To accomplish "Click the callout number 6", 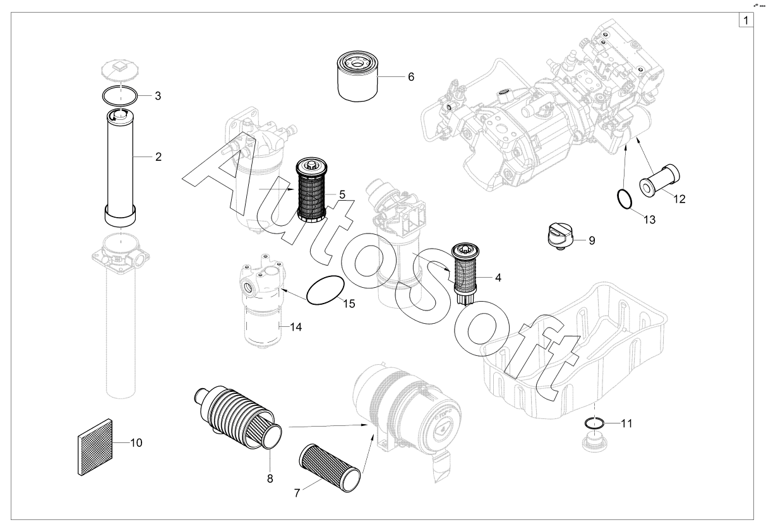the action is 411,77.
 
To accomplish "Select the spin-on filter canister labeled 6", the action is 357,76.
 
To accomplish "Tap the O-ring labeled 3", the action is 120,95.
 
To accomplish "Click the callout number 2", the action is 158,157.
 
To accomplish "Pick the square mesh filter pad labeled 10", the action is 95,447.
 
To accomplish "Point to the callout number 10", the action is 136,443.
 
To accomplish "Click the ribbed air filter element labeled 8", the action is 238,418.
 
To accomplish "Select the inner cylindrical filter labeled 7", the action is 330,468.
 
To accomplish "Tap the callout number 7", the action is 297,493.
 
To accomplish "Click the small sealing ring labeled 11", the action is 595,423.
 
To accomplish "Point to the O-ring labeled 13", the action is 624,199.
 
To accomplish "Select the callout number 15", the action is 349,304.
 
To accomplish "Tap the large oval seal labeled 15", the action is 325,290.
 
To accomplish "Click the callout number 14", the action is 296,327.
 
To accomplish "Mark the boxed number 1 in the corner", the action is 746,20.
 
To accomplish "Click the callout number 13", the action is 649,220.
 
